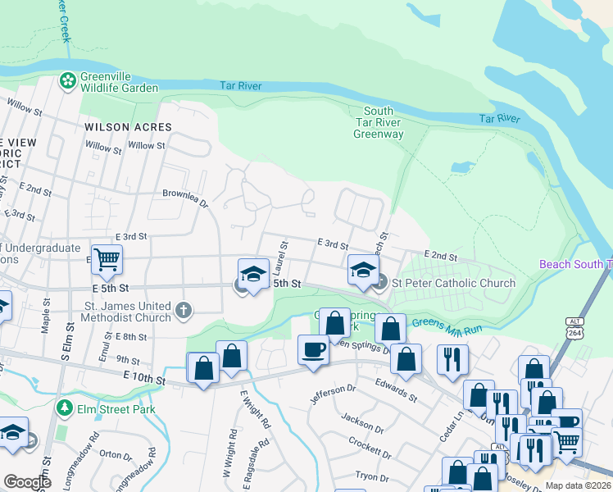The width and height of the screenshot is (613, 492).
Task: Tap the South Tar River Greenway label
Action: coord(378,122)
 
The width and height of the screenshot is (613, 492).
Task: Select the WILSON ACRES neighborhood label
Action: coord(128,127)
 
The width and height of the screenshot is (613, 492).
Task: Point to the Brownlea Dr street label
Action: coord(186,199)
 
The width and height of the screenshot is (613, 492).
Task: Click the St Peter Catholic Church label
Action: coord(453,283)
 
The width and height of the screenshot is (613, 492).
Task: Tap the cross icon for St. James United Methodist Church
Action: coord(184,311)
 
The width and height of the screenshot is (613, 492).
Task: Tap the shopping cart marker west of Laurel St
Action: coord(107,260)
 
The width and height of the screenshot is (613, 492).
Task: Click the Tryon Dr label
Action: coord(371,476)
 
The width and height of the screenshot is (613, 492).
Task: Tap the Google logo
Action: coord(27,482)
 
